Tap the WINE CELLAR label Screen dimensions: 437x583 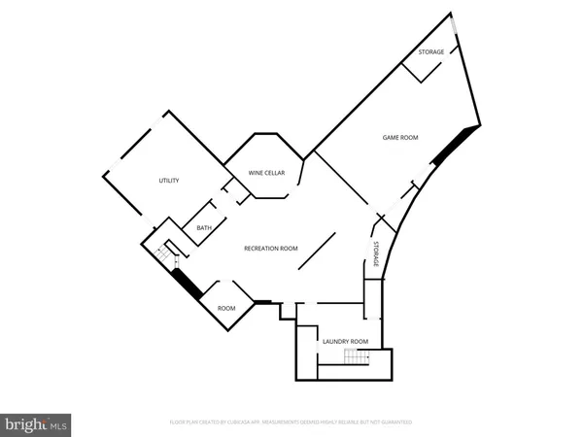click(265, 173)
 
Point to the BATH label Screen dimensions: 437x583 click(204, 228)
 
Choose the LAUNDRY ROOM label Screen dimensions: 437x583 click(345, 341)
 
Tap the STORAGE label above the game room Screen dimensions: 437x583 click(430, 51)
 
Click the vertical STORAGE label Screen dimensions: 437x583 click(376, 254)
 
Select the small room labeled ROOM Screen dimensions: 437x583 click(226, 308)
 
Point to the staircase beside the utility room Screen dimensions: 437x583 click(167, 253)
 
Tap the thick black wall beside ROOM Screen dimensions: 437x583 click(185, 283)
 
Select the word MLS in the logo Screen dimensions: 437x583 click(58, 423)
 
